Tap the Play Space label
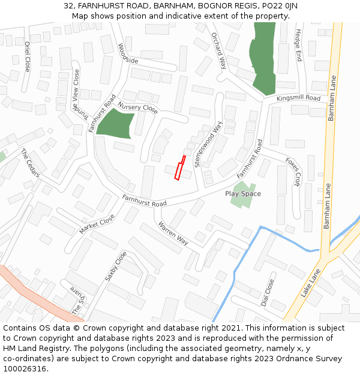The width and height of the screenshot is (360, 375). (x=243, y=194)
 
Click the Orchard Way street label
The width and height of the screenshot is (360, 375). (x=218, y=50)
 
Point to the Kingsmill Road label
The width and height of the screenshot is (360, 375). (x=299, y=98)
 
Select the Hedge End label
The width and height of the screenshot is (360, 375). (x=298, y=46)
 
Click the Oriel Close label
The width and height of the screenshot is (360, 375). (x=27, y=56)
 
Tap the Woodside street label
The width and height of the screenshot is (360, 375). (x=128, y=53)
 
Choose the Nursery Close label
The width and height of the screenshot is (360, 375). (x=137, y=108)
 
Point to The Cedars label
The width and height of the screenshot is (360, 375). (x=30, y=163)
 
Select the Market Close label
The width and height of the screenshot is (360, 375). (x=97, y=224)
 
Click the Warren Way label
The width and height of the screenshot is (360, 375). (x=173, y=233)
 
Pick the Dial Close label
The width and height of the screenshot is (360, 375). (x=268, y=292)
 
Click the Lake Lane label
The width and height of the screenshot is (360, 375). (x=311, y=283)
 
